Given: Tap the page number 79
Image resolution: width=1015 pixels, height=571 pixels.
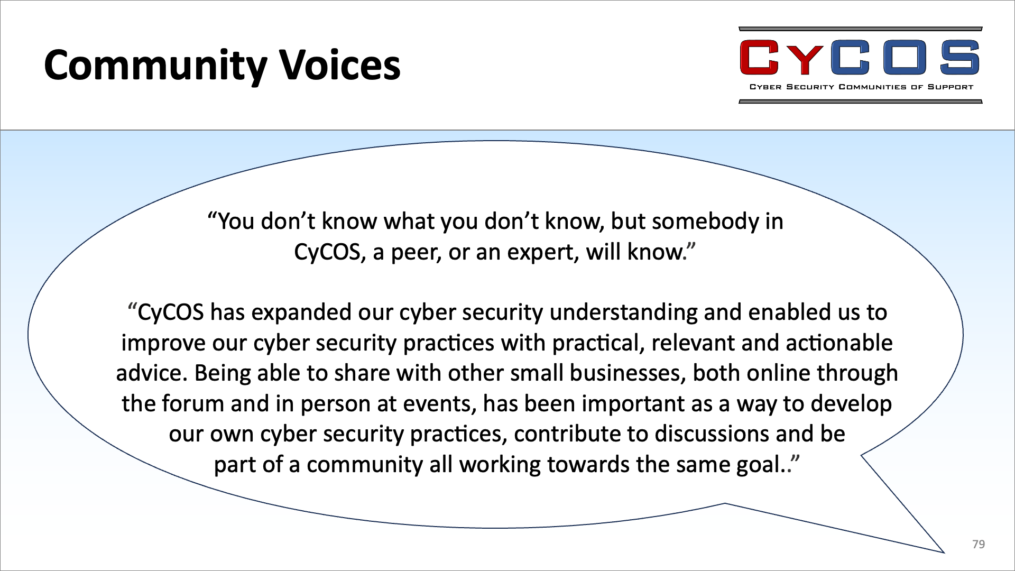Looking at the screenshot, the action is pos(979,544).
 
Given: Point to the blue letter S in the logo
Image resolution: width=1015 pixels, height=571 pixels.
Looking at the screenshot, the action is pos(960,58).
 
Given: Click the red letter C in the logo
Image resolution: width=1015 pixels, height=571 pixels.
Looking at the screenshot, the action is pos(760,58).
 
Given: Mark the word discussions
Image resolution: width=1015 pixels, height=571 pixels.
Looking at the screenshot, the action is pos(712,434).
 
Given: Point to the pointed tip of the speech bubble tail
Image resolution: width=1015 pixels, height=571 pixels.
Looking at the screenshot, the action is pos(944,552).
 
